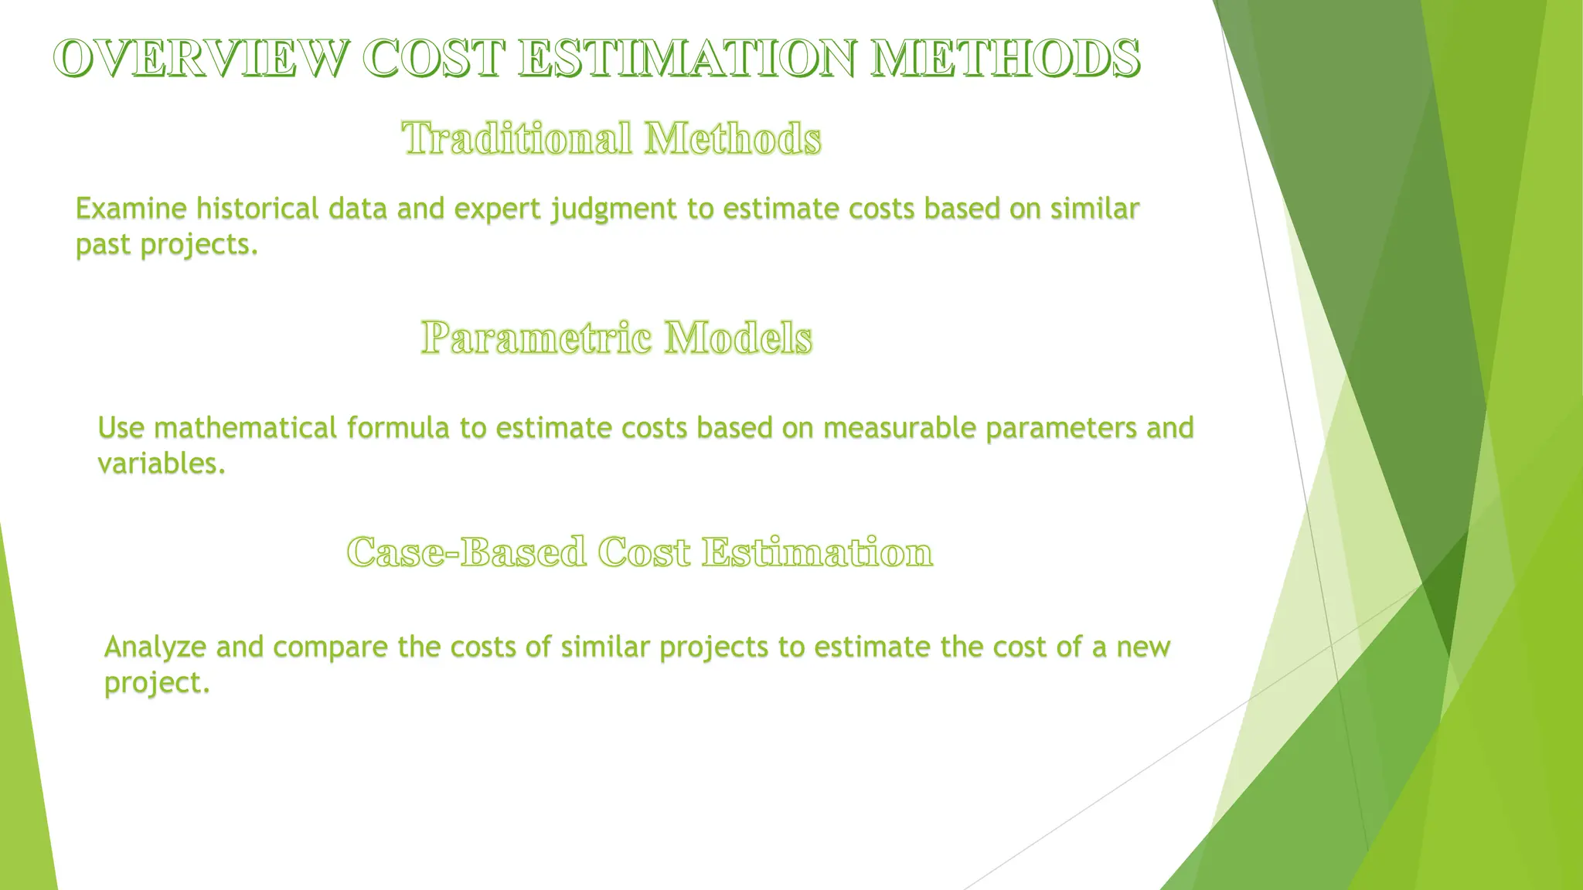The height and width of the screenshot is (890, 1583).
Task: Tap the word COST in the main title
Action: point(433,59)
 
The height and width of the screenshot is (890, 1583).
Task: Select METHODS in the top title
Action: point(1005,59)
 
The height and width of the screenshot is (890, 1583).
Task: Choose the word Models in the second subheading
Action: point(738,338)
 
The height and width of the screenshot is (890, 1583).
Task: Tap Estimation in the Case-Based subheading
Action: point(817,552)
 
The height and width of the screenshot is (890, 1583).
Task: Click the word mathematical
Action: point(245,428)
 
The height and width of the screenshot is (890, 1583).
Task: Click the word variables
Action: point(161,464)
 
